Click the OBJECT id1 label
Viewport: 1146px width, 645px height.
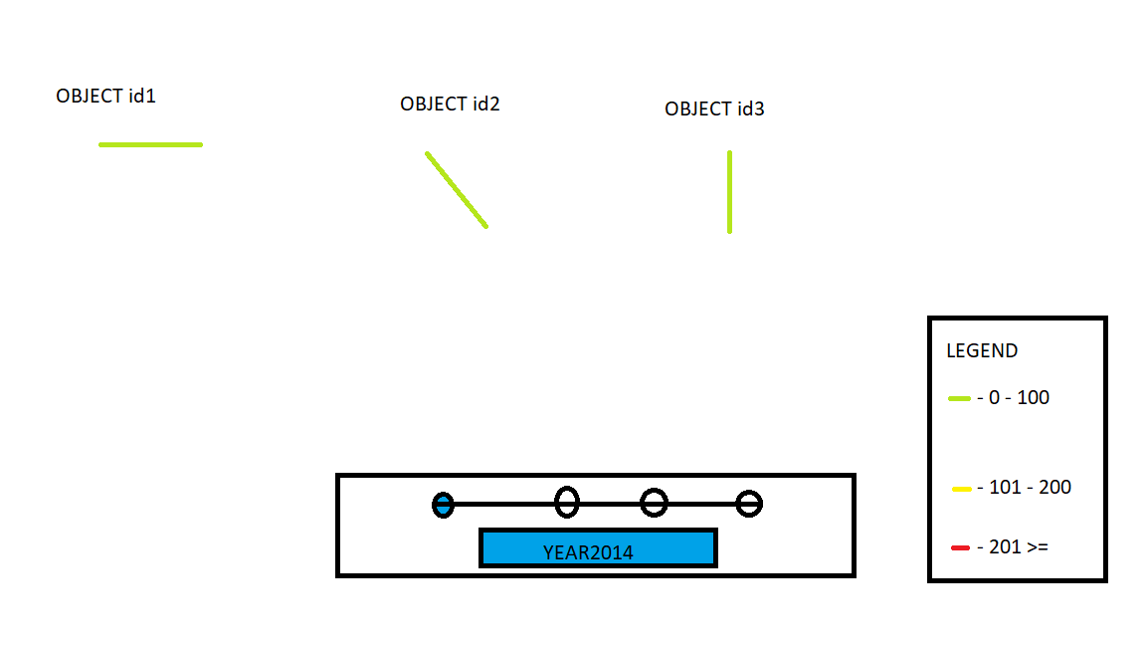(106, 96)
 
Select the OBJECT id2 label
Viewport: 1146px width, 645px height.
(450, 104)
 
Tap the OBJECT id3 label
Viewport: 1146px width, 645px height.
(714, 108)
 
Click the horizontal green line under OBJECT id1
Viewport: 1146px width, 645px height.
(150, 144)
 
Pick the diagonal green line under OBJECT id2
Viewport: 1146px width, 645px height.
(457, 190)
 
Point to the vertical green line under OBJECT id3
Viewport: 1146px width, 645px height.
(729, 192)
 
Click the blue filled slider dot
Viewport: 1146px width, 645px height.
(443, 505)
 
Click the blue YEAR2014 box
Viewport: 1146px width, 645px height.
(598, 547)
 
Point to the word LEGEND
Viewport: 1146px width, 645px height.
(982, 351)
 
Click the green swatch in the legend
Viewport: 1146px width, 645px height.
(959, 398)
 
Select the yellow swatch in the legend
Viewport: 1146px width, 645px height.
(962, 489)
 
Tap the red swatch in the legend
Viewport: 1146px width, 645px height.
(960, 547)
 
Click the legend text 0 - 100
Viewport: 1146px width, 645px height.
(1019, 398)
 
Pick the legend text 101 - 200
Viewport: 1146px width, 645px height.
(1030, 487)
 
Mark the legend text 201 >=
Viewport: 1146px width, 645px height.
(1018, 547)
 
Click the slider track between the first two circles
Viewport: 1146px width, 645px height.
(504, 504)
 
